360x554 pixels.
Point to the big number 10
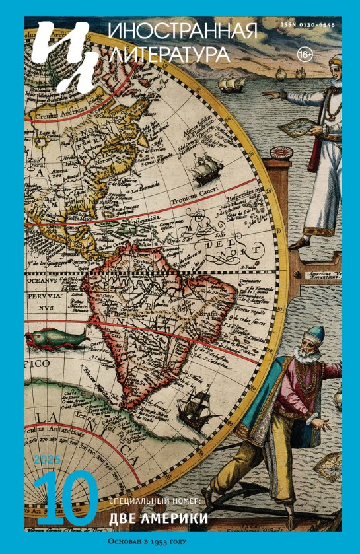pos(66,499)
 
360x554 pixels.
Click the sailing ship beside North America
pos(201,171)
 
